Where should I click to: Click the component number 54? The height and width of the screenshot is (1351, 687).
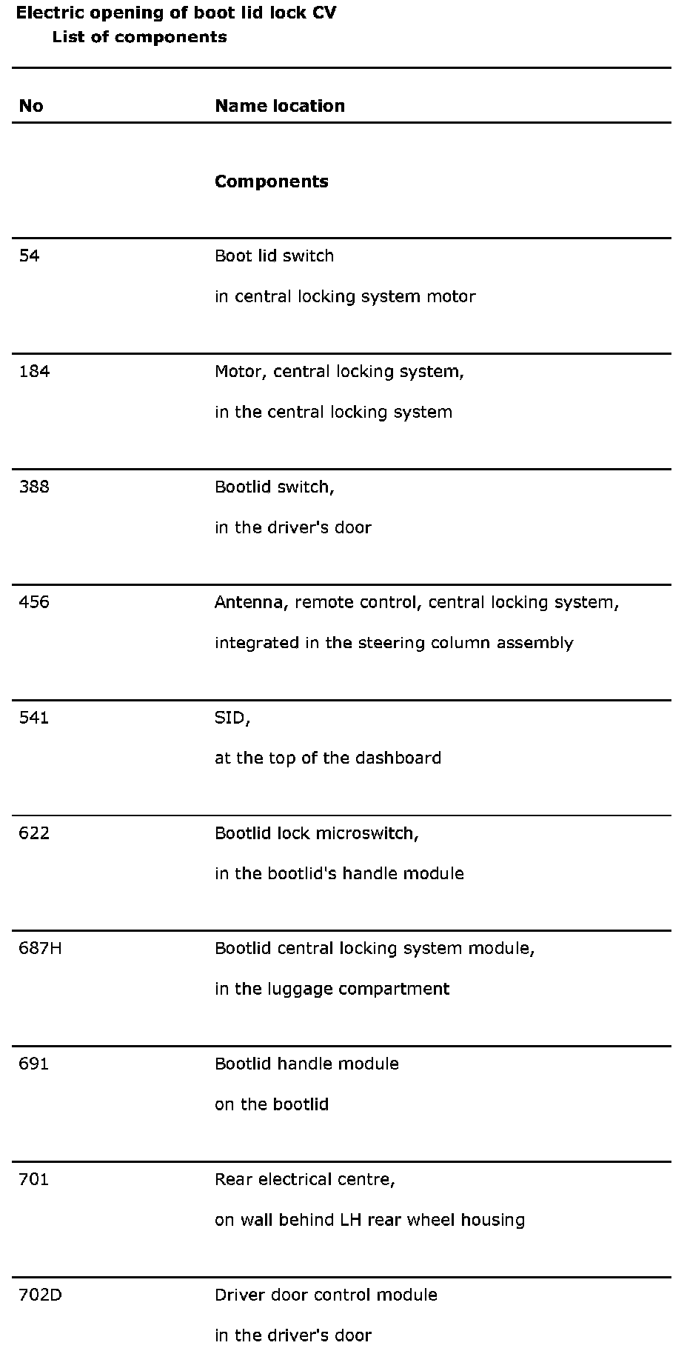tap(29, 256)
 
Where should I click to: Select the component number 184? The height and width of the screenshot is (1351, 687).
tap(34, 372)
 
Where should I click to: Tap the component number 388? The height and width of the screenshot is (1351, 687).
tap(34, 487)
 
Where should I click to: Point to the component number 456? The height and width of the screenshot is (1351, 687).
tap(34, 602)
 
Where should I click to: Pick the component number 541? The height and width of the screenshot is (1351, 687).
tap(34, 718)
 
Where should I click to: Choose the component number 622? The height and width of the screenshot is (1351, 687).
tap(34, 833)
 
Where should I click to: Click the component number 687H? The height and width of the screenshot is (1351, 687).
tap(40, 948)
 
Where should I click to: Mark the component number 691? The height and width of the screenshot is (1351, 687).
tap(34, 1064)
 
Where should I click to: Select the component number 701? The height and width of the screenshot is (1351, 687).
tap(34, 1179)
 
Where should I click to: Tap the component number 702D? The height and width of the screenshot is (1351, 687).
tap(40, 1295)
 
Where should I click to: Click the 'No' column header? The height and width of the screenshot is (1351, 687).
tap(31, 106)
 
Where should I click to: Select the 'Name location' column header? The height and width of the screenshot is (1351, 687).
tap(280, 106)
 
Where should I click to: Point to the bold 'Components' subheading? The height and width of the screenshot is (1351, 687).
tap(272, 181)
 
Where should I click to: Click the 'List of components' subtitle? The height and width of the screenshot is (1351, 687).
tap(139, 37)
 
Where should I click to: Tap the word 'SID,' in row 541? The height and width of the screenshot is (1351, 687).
tap(232, 718)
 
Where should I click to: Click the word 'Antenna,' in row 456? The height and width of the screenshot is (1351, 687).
tap(252, 602)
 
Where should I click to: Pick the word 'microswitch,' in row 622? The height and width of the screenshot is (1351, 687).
tap(367, 833)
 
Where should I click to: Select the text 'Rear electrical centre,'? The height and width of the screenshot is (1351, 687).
tap(305, 1179)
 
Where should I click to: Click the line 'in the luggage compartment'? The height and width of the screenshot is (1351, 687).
tap(332, 989)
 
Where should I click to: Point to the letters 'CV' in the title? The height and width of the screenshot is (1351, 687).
tap(324, 13)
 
